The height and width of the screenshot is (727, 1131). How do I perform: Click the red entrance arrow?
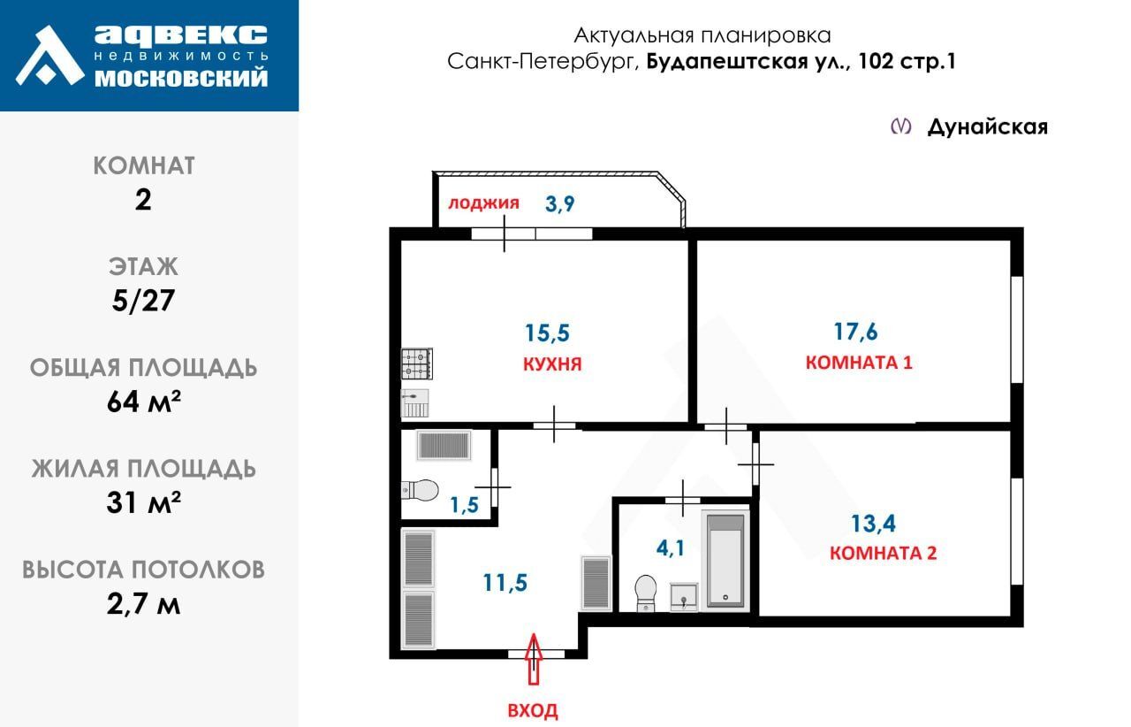533,659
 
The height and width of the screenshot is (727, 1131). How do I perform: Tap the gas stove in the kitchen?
416,363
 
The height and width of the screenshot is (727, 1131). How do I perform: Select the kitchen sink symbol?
414,403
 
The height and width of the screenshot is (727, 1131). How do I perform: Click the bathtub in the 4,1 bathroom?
725,560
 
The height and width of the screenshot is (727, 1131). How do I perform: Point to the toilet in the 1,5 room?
420,490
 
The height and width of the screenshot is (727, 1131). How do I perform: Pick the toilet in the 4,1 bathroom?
645,593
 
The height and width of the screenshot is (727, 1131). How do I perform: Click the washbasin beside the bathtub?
684,597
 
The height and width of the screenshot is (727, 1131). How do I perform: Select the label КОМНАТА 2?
883,553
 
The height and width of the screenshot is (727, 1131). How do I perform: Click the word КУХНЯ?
552,364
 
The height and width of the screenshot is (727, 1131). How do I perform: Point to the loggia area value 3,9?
559,203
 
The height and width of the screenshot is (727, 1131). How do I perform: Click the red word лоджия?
483,203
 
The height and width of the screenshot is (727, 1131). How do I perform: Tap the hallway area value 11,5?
505,583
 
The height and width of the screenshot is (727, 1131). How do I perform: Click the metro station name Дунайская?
988,126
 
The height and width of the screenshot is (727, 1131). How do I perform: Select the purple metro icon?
900,126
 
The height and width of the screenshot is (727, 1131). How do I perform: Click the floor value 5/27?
143,301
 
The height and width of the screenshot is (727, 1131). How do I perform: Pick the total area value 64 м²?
143,402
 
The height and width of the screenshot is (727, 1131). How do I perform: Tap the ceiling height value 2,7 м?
143,604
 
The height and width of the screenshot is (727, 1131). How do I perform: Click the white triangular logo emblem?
49,56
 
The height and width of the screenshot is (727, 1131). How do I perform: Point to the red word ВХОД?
533,710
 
